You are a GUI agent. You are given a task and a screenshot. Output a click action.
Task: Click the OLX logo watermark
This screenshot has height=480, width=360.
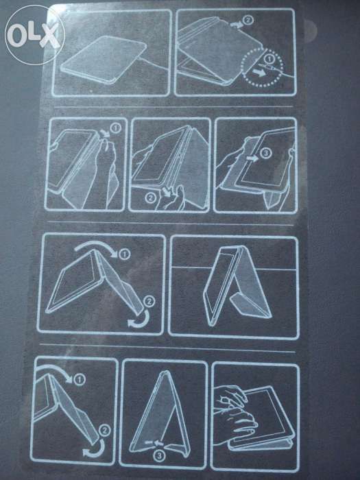(34, 35)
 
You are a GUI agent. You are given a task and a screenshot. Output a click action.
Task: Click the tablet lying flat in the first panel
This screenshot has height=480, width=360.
(104, 60)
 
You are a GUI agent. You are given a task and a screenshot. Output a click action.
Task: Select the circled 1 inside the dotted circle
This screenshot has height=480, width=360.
(269, 58)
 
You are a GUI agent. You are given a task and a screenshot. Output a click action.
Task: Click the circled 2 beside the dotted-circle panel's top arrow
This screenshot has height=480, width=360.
(248, 20)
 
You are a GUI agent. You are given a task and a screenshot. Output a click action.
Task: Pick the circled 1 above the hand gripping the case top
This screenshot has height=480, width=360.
(115, 128)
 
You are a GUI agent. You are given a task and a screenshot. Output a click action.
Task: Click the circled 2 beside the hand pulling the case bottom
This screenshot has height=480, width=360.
(150, 198)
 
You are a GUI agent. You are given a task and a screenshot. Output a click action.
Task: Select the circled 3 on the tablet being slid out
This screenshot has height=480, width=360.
(266, 152)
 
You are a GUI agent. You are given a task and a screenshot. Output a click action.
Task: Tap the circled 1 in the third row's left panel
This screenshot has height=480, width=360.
(125, 254)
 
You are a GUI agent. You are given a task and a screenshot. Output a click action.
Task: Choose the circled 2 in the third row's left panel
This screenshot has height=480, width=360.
(149, 301)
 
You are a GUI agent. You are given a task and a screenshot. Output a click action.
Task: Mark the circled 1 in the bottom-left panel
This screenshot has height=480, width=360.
(80, 380)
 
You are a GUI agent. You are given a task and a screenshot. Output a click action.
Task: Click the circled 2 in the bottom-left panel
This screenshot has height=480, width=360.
(105, 431)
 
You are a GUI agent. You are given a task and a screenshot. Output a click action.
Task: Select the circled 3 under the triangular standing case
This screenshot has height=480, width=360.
(159, 456)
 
